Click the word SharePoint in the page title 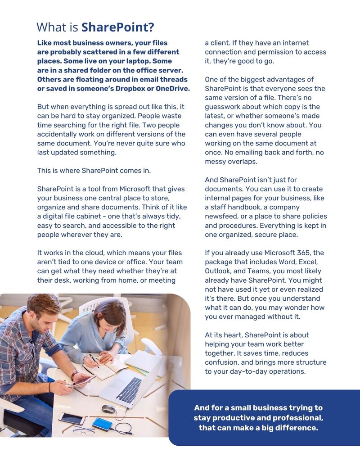(x=117, y=27)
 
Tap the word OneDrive (x=173, y=88)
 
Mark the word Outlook (x=219, y=271)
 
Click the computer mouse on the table (x=108, y=408)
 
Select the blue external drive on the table (x=102, y=424)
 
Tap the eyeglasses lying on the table (x=84, y=431)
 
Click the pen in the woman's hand (x=94, y=360)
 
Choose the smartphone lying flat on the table (x=72, y=418)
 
